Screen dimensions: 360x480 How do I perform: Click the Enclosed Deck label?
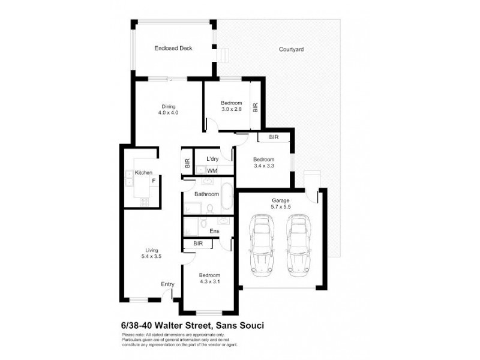[x=173, y=49]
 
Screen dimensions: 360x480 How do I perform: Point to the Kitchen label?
[x=143, y=173]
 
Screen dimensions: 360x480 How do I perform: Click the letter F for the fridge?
[x=154, y=181]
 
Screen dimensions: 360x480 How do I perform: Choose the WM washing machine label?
[x=211, y=171]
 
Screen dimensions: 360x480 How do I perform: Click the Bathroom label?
[x=206, y=194]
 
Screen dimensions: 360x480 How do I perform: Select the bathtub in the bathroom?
[x=227, y=198]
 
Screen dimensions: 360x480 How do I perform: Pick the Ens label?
[x=214, y=230]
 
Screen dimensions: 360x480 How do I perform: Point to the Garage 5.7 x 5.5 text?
[x=281, y=204]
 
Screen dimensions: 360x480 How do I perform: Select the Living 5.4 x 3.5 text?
[x=151, y=254]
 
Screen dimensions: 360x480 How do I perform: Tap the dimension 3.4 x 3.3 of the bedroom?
[x=263, y=166]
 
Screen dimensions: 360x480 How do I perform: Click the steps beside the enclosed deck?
[x=224, y=55]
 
